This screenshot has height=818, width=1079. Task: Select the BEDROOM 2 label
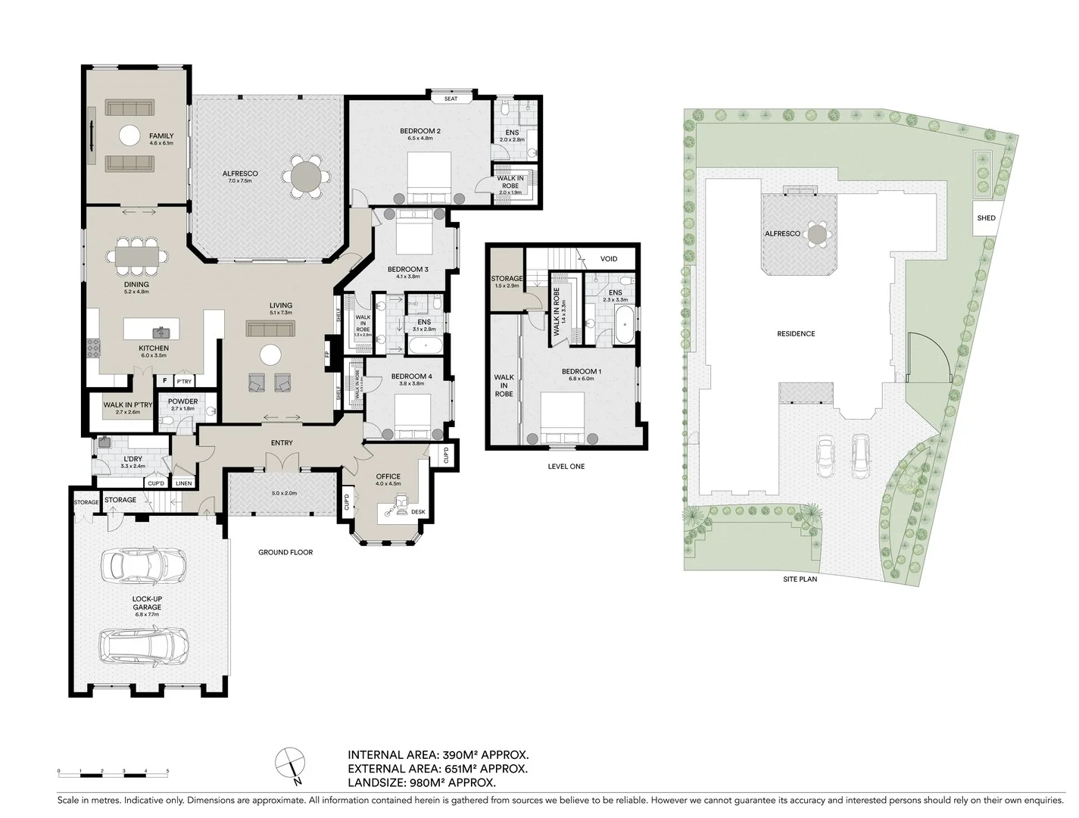coord(420,131)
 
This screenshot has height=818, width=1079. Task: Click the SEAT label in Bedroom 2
coord(451,98)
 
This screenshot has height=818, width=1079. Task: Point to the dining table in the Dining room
coord(137,257)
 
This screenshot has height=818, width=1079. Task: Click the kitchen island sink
coord(161,332)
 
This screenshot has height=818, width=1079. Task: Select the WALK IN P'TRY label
coord(128,406)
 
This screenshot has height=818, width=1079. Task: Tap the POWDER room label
coord(183,402)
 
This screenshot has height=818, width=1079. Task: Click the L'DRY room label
coord(133,460)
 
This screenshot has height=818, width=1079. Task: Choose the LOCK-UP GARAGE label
coord(147,603)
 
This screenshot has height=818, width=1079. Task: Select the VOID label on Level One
coord(608,259)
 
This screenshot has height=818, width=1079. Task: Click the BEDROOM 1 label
coord(582,372)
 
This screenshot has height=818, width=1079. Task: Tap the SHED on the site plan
coord(986,218)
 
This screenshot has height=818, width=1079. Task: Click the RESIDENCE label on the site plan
coord(796,334)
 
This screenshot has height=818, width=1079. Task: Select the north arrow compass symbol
coord(291,763)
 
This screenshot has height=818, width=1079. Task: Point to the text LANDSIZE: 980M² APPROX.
coord(422,782)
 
